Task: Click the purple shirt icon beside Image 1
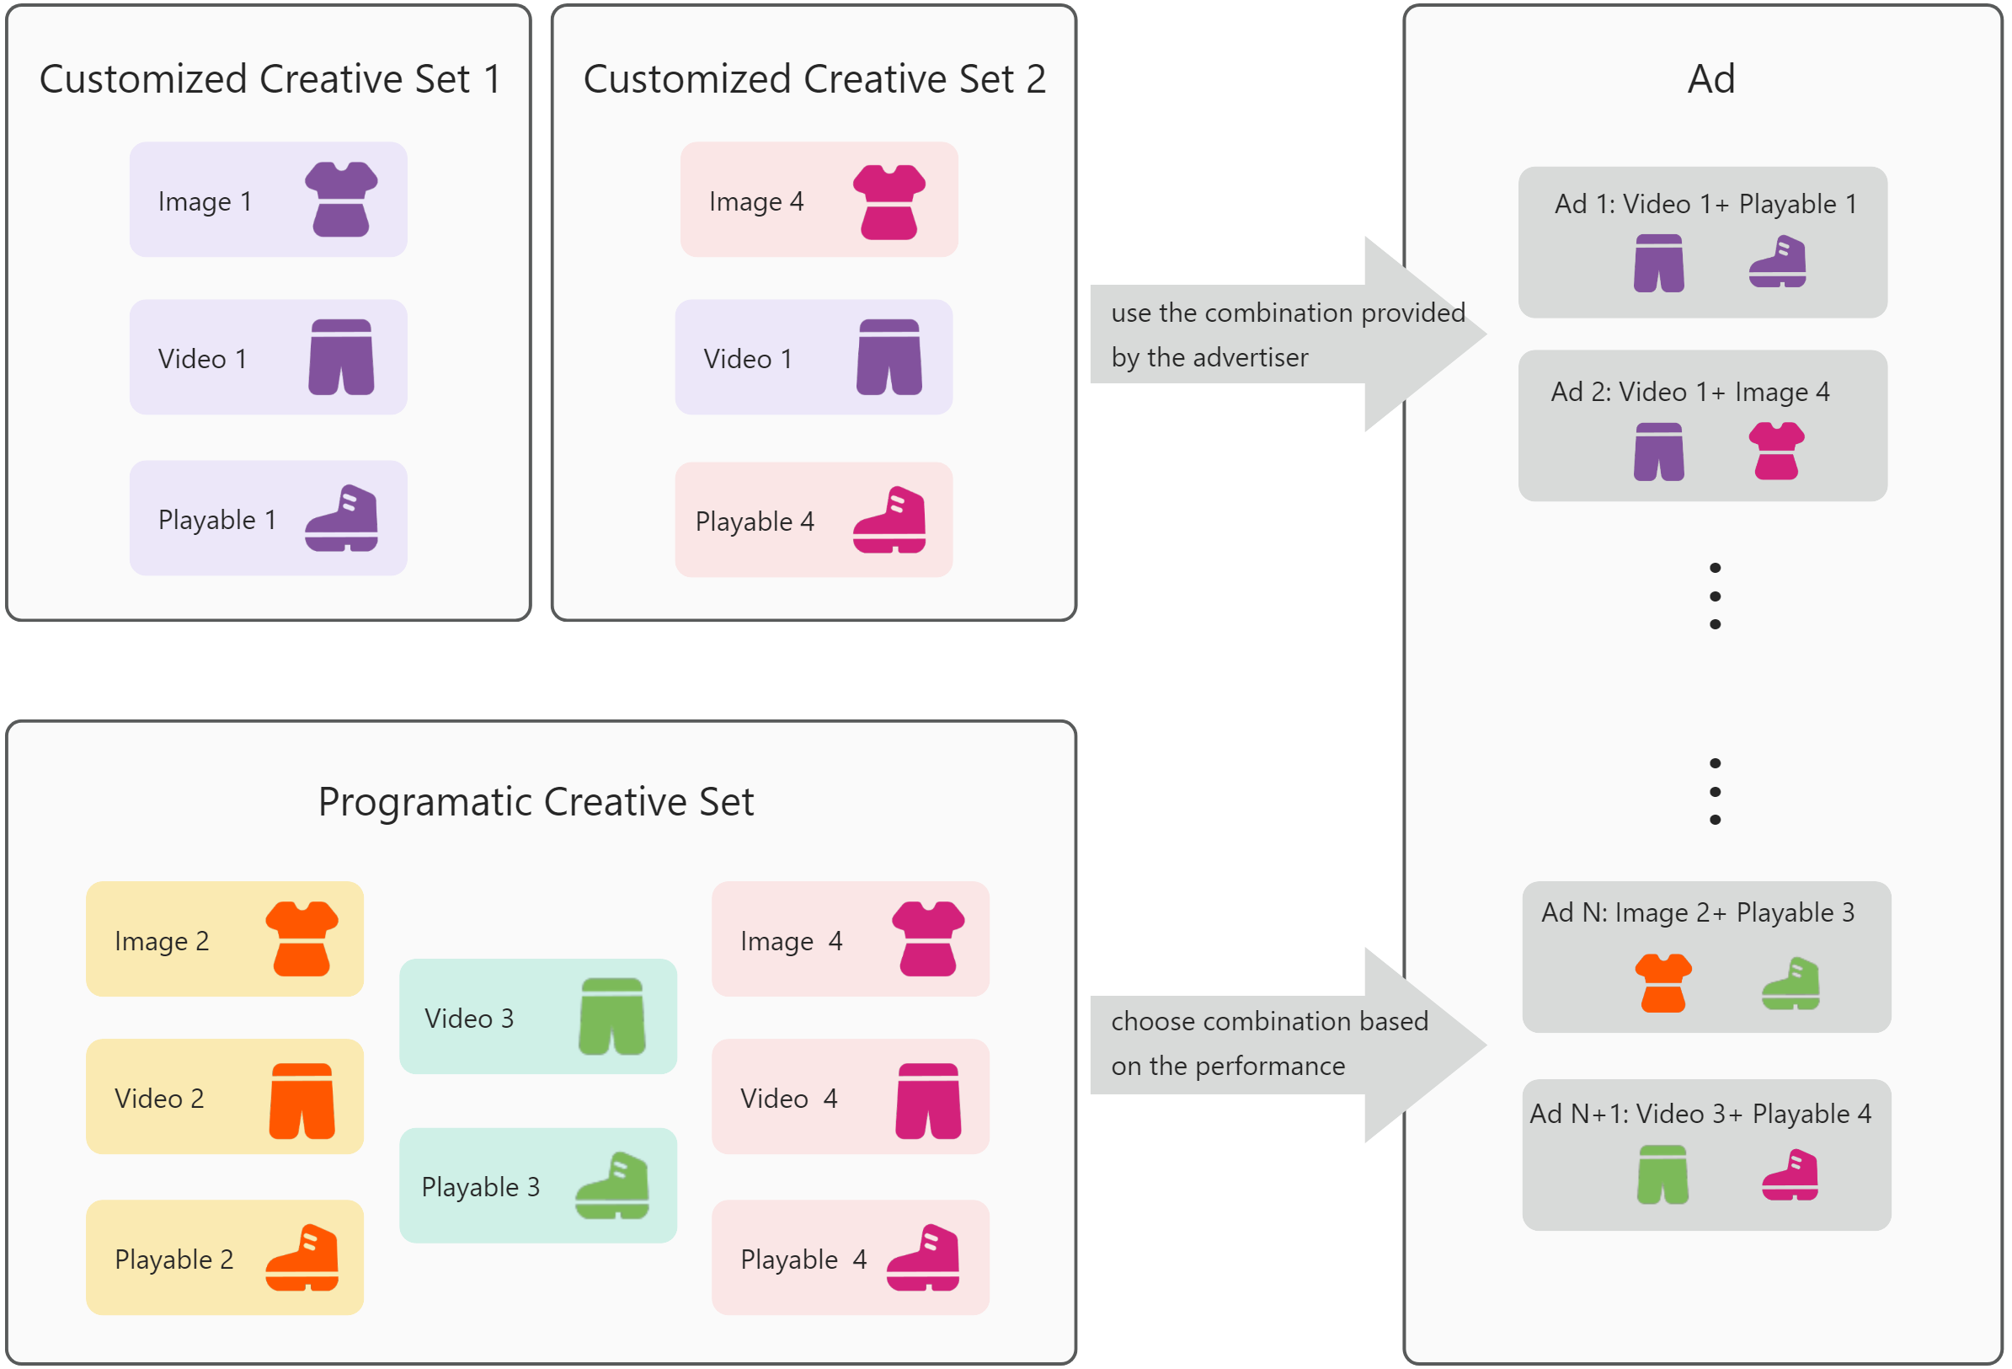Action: coord(341,199)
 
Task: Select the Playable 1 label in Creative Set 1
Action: coord(216,520)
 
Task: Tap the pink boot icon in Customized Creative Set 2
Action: coord(889,520)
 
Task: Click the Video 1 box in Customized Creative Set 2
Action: coord(813,357)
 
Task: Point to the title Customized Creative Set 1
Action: coord(270,79)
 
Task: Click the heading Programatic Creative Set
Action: coord(536,802)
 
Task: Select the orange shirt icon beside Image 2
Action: coord(302,939)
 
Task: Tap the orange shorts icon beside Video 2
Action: coord(302,1100)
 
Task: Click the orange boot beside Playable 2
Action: coord(302,1257)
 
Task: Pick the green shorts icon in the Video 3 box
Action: coord(611,1017)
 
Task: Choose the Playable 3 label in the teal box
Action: coord(481,1186)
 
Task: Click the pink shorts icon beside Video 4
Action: coord(927,1100)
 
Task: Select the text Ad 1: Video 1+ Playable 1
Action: coord(1705,205)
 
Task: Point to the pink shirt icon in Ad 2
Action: coord(1775,450)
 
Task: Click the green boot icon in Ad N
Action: coord(1790,984)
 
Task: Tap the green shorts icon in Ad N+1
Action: coord(1662,1174)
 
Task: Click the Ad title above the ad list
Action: coord(1710,79)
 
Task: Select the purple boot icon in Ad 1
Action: coord(1776,261)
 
